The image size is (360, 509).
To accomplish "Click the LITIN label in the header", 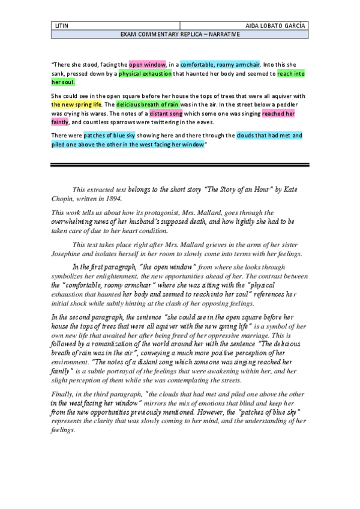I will (61, 26).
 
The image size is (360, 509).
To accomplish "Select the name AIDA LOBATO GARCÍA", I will (277, 26).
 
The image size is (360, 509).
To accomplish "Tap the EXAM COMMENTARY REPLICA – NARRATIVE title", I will (180, 35).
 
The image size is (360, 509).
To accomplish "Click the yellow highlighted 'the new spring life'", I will (77, 104).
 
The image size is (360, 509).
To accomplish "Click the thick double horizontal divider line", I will (180, 165).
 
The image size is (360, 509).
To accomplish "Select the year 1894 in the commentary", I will (112, 198).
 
